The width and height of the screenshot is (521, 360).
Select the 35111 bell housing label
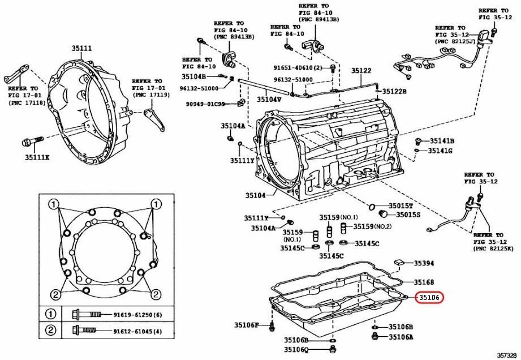81,49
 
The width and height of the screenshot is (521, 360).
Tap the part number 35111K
37,157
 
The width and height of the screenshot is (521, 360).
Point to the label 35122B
394,91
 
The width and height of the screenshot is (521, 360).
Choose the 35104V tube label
269,99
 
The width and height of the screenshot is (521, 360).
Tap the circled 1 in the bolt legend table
51,314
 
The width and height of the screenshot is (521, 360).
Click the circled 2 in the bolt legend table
51,331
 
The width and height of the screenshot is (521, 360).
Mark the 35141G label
441,151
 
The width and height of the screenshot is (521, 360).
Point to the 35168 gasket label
424,282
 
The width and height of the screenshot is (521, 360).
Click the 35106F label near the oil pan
247,325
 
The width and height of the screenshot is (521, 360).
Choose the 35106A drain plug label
401,337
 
